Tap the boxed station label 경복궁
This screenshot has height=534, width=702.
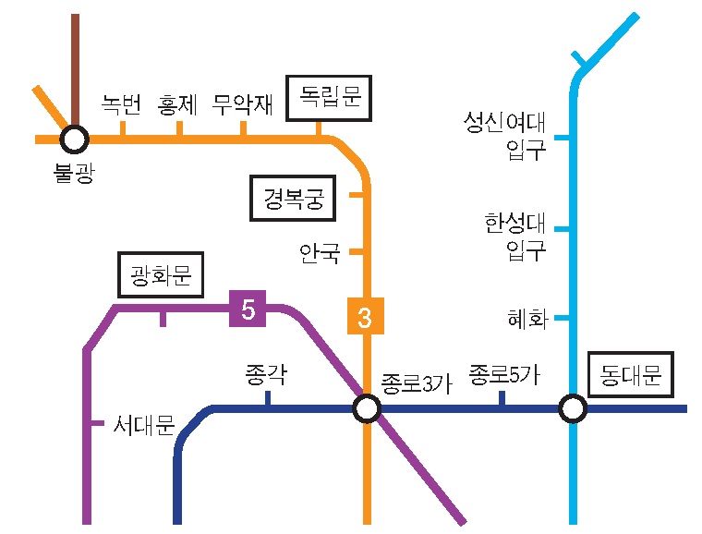pyautogui.click(x=293, y=199)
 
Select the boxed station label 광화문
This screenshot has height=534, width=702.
pyautogui.click(x=161, y=273)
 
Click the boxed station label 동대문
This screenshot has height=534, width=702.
pyautogui.click(x=631, y=375)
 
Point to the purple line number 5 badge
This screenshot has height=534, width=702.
pyautogui.click(x=248, y=309)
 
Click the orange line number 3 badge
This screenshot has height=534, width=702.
pyautogui.click(x=364, y=317)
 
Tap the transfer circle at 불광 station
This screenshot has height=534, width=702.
pyautogui.click(x=74, y=140)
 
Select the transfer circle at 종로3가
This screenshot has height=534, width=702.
pyautogui.click(x=367, y=408)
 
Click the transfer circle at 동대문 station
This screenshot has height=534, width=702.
pyautogui.click(x=573, y=408)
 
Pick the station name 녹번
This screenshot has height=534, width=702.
pyautogui.click(x=121, y=104)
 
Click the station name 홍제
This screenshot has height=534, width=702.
pyautogui.click(x=179, y=104)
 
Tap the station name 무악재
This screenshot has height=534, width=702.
pyautogui.click(x=242, y=104)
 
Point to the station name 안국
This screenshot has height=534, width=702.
pyautogui.click(x=320, y=251)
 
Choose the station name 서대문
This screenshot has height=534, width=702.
pyautogui.click(x=143, y=426)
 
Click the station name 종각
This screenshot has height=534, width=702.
pyautogui.click(x=266, y=373)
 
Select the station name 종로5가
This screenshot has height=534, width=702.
pyautogui.click(x=503, y=373)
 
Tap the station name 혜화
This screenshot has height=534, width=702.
pyautogui.click(x=527, y=320)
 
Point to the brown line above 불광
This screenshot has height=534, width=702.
pyautogui.click(x=74, y=65)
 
